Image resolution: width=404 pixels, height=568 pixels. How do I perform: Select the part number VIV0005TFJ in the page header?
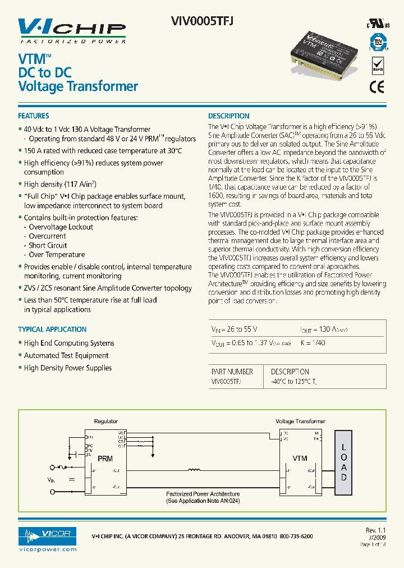[201, 20]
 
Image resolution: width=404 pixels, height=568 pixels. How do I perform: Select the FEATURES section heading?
[34, 116]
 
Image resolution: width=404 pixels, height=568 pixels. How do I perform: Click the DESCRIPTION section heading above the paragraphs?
[229, 116]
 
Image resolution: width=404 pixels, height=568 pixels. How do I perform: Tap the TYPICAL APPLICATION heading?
[52, 329]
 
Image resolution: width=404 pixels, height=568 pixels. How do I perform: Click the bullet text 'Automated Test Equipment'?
[66, 355]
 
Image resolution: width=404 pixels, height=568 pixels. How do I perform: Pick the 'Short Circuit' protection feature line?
[48, 245]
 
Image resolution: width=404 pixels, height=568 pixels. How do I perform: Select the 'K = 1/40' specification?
[313, 342]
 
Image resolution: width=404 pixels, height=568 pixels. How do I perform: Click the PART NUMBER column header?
[232, 372]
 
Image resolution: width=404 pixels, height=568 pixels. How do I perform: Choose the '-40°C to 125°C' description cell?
[294, 381]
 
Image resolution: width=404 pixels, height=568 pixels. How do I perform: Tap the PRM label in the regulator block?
[105, 459]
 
